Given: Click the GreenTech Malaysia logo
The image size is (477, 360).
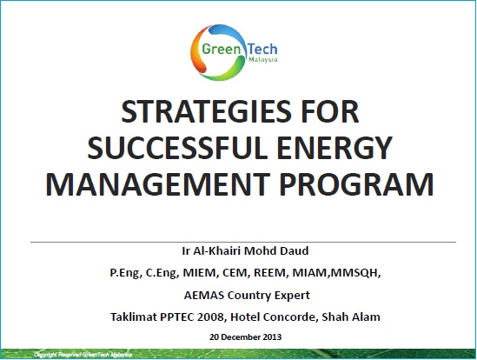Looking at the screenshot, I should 237,50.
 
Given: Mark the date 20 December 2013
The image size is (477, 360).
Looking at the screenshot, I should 238,336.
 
